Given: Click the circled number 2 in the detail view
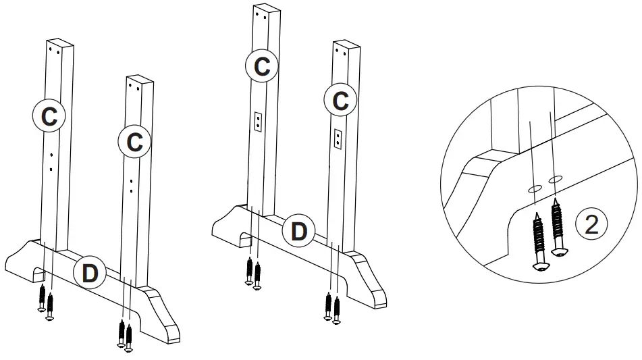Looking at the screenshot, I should click(591, 225).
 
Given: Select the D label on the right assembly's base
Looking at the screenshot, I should click(298, 231).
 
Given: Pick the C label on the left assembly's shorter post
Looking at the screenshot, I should click(134, 142).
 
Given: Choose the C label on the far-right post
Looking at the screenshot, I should click(341, 101).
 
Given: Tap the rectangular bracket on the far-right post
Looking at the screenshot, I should click(338, 138).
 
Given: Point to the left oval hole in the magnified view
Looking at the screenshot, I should click(535, 189).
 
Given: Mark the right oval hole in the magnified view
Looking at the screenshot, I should click(555, 179).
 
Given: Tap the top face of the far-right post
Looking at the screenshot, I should click(346, 45).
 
